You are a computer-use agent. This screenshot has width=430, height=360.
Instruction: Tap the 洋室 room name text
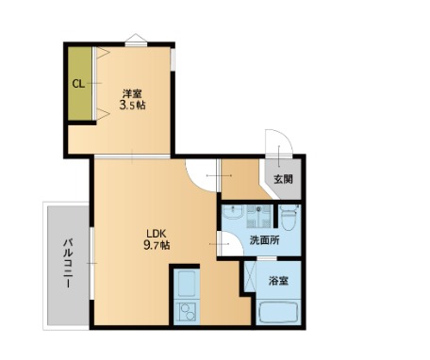(x=132, y=92)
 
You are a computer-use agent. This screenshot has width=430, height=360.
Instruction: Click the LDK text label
(x=155, y=233)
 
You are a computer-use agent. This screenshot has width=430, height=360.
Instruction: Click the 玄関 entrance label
(x=284, y=180)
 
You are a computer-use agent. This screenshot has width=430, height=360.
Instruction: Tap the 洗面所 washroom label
(x=264, y=241)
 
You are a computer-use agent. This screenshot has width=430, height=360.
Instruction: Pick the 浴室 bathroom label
(x=278, y=281)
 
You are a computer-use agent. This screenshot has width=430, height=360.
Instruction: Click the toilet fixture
(x=289, y=219)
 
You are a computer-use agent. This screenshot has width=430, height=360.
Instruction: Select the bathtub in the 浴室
(x=279, y=312)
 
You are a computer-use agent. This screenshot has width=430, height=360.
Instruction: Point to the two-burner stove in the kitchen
(x=186, y=312)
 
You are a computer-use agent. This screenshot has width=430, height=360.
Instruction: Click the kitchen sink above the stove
(x=185, y=283)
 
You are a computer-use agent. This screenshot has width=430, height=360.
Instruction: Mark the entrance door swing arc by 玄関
(x=278, y=156)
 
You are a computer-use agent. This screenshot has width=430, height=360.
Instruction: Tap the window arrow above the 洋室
(x=137, y=38)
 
